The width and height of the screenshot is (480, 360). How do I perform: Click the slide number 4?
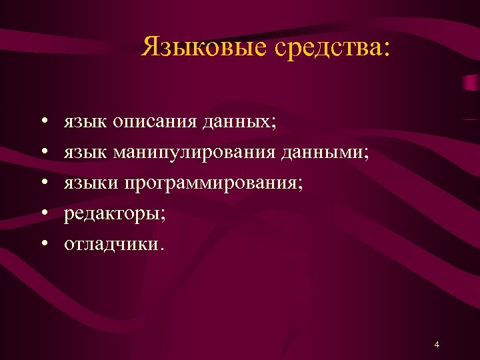tap(436, 345)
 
